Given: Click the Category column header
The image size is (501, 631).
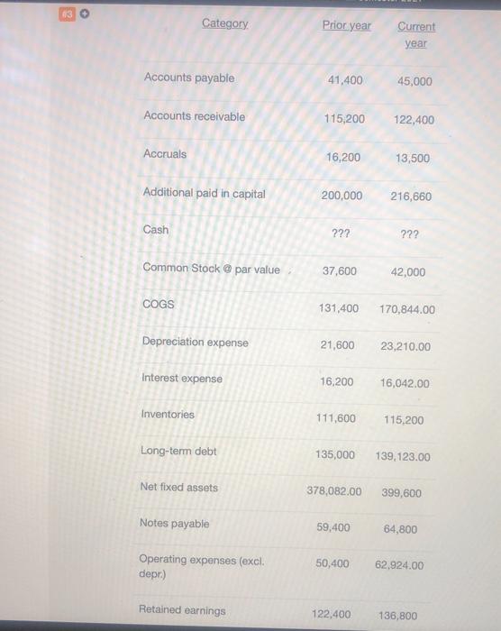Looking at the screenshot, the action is [224, 23].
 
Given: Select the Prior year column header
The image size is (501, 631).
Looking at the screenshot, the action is [346, 25].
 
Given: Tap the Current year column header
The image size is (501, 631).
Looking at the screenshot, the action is [415, 34].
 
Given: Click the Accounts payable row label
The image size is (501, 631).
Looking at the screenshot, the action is [188, 78].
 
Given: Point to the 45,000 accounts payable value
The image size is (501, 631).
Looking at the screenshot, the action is [414, 81].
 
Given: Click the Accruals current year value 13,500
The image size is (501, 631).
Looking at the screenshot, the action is [413, 158].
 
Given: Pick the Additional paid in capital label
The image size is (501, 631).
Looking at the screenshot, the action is [204, 193].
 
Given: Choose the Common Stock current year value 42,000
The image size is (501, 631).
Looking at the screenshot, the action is [409, 271].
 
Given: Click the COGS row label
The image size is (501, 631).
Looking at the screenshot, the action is [158, 305].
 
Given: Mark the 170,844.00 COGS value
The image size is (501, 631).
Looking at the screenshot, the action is [407, 309].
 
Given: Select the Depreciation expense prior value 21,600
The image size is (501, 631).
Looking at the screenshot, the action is [337, 345].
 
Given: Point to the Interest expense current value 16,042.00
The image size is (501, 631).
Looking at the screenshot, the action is [405, 383].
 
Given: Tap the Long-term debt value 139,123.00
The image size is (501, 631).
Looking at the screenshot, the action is [403, 457].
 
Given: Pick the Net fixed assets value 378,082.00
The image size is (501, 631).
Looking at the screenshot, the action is [334, 491].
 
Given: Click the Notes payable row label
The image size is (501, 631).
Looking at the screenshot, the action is [174, 524].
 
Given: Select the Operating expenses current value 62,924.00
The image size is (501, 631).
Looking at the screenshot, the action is [399, 566].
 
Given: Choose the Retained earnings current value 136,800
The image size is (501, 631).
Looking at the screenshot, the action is [396, 616].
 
